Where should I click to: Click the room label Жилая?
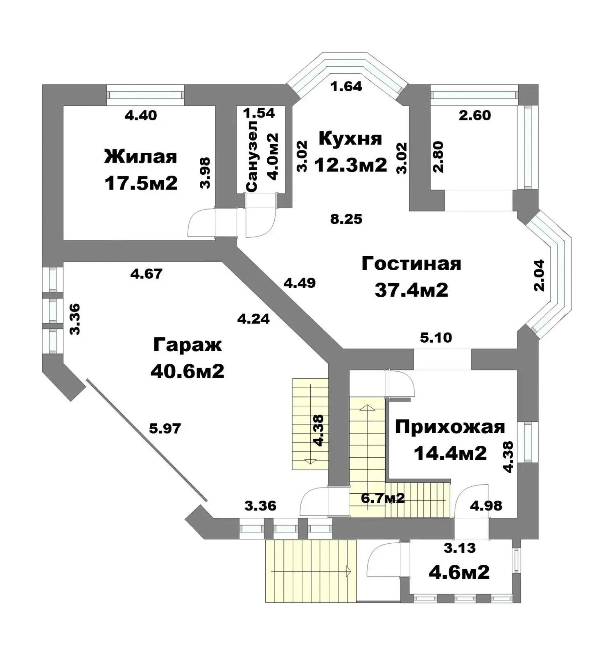point(141,157)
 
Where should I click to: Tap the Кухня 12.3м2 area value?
point(351,165)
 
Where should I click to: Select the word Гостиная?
point(411,264)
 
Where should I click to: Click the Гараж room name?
point(187,345)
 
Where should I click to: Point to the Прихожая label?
point(450,427)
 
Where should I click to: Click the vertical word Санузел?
point(252,156)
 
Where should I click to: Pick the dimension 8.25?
point(346,219)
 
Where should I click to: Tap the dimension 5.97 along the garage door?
point(165,429)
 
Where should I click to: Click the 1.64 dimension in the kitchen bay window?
point(346,86)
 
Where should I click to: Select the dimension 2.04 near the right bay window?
point(540,275)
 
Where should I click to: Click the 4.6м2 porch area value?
point(459,572)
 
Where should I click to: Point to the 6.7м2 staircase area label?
point(383,498)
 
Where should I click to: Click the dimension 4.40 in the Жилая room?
point(141,115)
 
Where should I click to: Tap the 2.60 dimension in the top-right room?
point(475,115)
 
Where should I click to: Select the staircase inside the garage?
point(310,424)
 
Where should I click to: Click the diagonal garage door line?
point(146,440)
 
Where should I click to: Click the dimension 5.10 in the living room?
point(436,338)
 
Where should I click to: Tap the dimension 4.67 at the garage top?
point(146,273)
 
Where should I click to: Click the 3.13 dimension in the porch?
point(460,548)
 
